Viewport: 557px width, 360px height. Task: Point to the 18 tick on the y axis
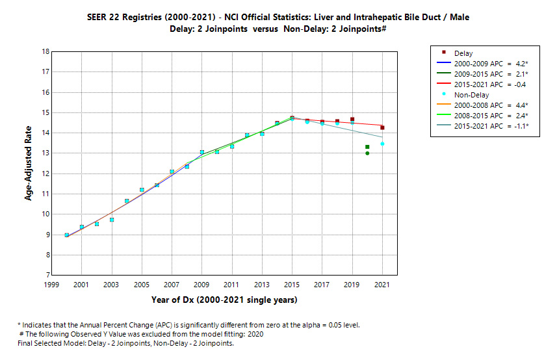45,51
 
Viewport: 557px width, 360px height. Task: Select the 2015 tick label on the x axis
292,285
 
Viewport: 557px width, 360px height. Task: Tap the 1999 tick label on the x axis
51,285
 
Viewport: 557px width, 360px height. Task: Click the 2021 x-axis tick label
382,285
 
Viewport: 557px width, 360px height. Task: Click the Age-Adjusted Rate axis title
29,163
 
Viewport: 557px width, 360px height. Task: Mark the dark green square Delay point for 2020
367,147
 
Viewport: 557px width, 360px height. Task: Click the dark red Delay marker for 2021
382,127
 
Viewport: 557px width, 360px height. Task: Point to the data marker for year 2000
67,235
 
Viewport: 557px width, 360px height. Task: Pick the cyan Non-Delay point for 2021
382,144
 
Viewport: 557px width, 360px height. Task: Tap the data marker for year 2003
112,220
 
